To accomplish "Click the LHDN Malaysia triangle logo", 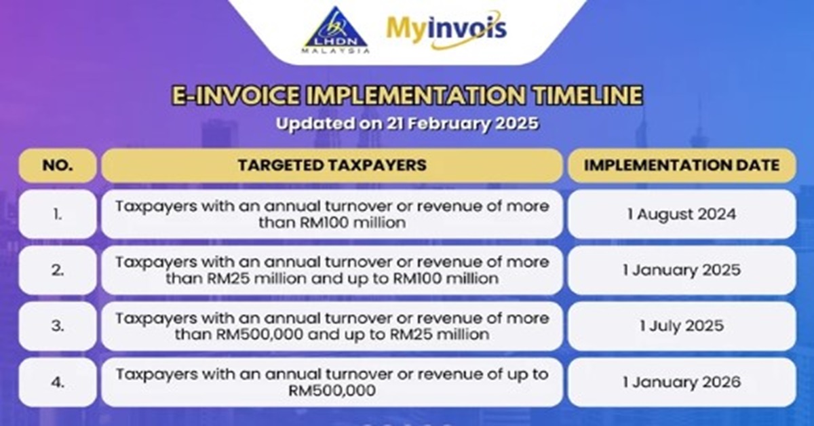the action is click(x=335, y=31).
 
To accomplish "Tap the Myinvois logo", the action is click(x=446, y=30).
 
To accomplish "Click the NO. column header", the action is click(x=58, y=166).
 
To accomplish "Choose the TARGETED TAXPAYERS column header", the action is click(x=332, y=166).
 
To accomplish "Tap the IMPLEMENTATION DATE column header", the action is click(x=682, y=166).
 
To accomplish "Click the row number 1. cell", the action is click(x=58, y=214).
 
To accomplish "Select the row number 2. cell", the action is click(x=58, y=270).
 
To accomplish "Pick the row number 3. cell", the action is click(x=58, y=326).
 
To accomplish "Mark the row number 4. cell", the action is click(x=58, y=382).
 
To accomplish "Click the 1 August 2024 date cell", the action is click(x=682, y=214).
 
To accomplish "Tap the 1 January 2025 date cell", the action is click(x=682, y=270).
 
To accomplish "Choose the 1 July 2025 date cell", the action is click(x=682, y=326).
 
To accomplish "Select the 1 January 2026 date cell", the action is click(x=682, y=382).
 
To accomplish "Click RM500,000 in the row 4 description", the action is click(x=332, y=391).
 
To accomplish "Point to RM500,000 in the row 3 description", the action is click(x=260, y=334).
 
